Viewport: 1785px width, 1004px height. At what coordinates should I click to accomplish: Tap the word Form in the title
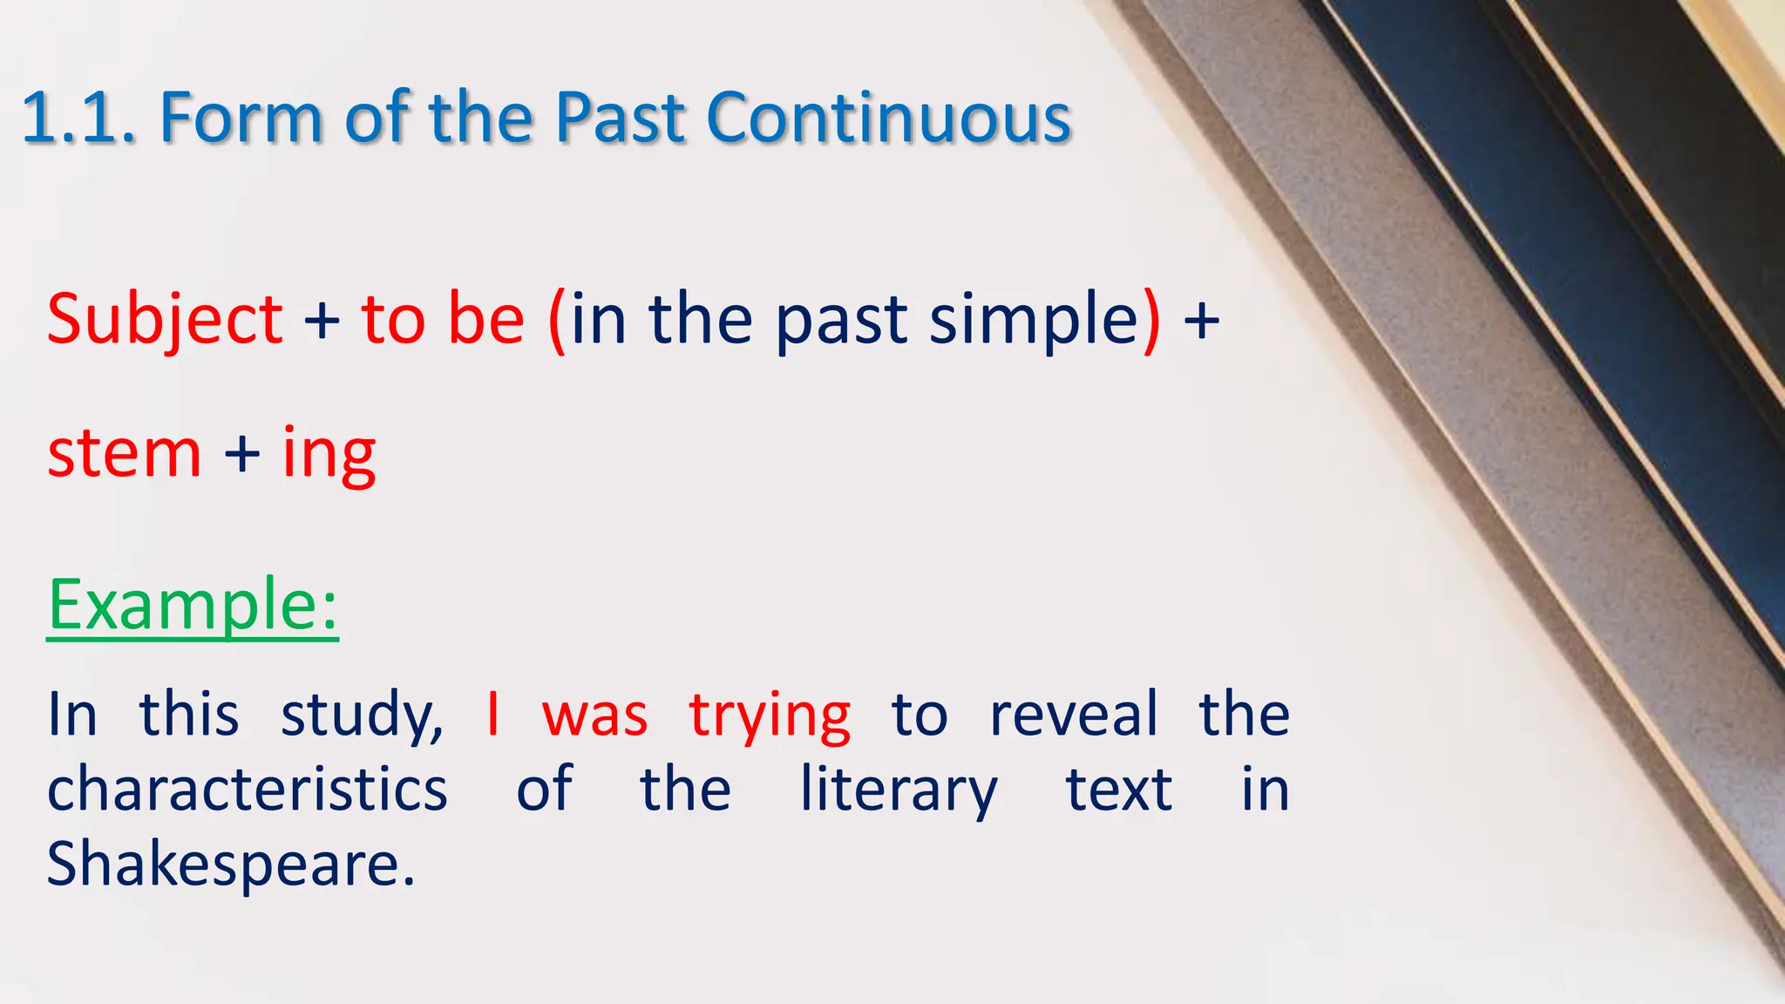coord(241,118)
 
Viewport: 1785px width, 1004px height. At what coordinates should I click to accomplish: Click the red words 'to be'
coord(443,319)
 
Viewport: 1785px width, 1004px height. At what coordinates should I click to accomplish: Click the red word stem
coord(124,454)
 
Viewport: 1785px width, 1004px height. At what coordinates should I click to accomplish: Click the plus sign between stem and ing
coord(241,454)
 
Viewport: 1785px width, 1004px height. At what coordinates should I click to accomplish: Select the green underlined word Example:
coord(192,605)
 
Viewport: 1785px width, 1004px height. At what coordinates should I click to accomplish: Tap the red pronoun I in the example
coord(493,715)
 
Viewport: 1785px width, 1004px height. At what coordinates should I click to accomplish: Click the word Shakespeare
coord(230,865)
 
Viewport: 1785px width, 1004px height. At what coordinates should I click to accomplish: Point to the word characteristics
coord(247,790)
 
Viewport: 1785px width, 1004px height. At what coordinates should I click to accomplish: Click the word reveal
coord(1073,715)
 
